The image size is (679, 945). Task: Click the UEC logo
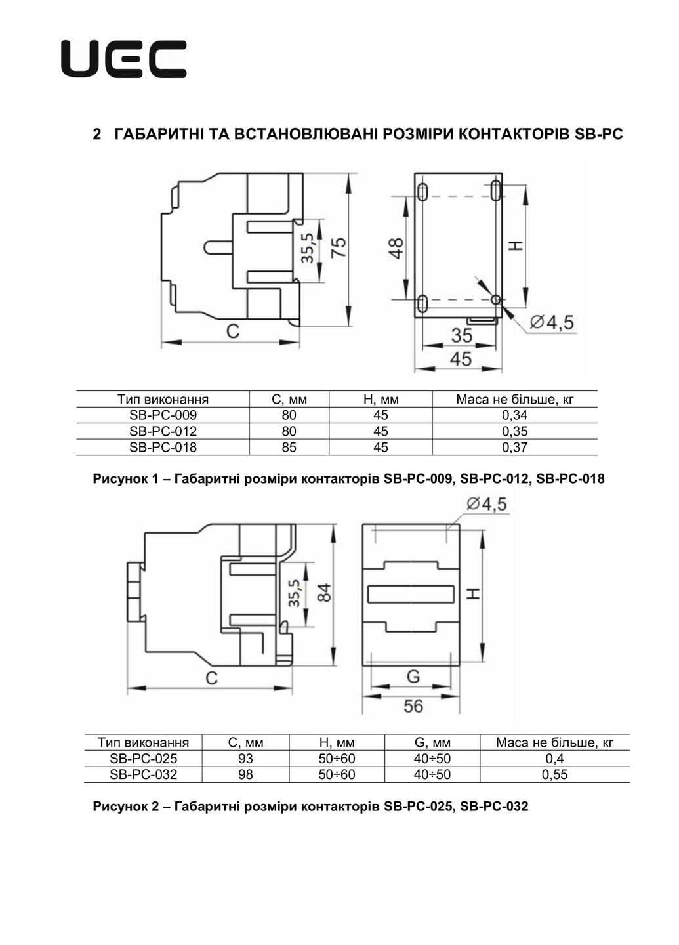coord(123,59)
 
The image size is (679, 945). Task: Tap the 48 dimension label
coord(396,247)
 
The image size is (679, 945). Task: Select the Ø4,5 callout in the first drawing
coord(552,322)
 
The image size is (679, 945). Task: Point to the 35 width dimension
coord(462,335)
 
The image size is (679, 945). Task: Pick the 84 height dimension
coord(323,593)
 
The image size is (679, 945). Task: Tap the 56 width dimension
coord(413,706)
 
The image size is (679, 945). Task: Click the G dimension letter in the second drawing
coord(413,676)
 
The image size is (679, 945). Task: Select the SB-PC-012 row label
coord(163,431)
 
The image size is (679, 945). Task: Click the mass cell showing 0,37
coord(514,448)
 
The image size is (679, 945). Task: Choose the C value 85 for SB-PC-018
coord(289,448)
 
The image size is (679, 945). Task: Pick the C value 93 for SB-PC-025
coord(245,759)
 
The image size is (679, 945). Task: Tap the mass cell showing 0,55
coord(554,775)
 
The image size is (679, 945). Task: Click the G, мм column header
coord(432,743)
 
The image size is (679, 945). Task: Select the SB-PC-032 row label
coord(143,774)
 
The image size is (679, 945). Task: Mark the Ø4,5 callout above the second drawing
coord(486,504)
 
